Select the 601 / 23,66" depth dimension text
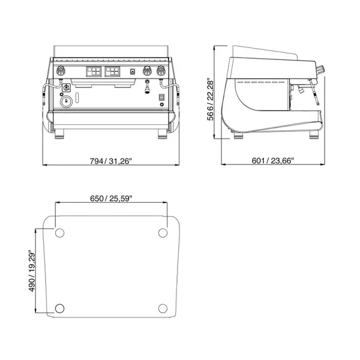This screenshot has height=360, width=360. tap(277, 161)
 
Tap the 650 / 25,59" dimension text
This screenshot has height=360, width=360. tap(111, 198)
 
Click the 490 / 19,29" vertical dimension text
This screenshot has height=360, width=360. tap(31, 272)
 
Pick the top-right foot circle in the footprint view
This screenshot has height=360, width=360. tap(163, 233)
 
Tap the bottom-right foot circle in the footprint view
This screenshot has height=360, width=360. tap(163, 308)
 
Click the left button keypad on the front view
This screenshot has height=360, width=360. tap(94, 73)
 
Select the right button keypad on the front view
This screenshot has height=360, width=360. tap(113, 73)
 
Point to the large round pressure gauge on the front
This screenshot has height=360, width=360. tap(67, 101)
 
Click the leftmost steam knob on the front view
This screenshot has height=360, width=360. tap(60, 72)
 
